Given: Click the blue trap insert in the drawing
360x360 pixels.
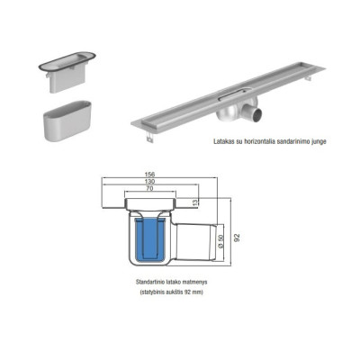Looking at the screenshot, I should point(146,240).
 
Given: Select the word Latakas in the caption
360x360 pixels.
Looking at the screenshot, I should point(227,140).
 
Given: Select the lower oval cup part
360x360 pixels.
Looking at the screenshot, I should point(63,120).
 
